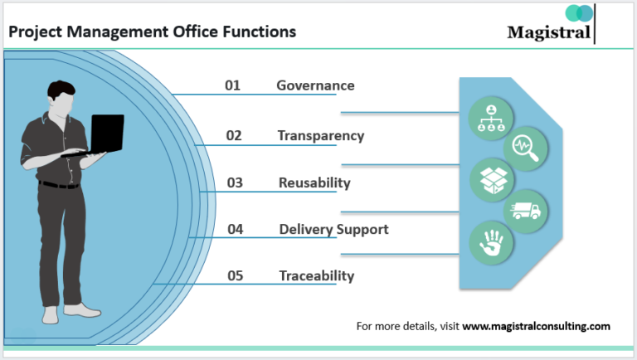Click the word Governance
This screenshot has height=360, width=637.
tap(315, 85)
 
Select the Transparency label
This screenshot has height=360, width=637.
tap(320, 135)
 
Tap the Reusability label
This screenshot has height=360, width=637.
tap(314, 182)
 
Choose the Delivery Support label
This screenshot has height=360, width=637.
tap(333, 229)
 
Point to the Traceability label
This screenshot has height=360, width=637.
tap(316, 275)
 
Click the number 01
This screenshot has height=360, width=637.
tap(233, 85)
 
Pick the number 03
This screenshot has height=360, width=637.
tap(234, 182)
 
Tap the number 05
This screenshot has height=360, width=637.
tap(234, 275)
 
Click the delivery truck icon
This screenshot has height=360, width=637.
tap(525, 211)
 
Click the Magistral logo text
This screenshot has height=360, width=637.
tap(549, 32)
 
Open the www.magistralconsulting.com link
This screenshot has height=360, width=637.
tap(536, 326)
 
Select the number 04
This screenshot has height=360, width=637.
tap(235, 229)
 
